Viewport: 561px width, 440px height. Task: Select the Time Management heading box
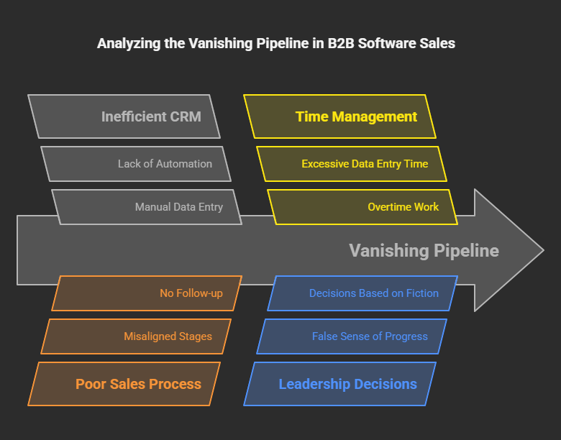340,116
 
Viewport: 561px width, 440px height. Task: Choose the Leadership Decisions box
340,384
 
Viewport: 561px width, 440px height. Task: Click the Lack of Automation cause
136,164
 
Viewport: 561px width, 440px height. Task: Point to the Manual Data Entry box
147,207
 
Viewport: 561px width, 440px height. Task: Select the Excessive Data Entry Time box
352,164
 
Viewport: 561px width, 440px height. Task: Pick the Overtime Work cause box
362,207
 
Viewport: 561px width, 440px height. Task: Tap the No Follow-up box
147,293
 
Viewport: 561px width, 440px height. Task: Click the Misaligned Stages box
136,336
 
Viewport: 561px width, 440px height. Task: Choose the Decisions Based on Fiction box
362,293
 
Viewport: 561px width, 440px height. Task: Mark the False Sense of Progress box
352,336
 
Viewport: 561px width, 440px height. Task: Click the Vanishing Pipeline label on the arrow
424,250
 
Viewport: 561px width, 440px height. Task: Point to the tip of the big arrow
541,250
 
